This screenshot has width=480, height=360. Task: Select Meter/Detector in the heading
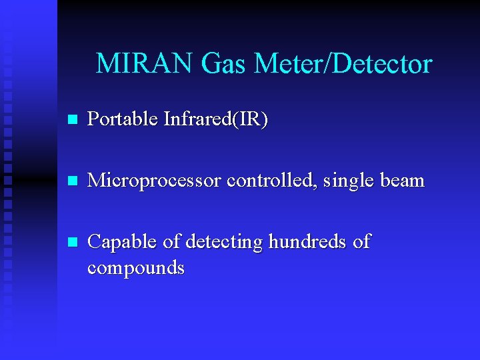point(343,64)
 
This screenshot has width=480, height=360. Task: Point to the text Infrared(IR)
point(215,120)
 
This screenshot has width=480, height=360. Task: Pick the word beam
point(401,181)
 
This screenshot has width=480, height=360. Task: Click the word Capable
point(122,242)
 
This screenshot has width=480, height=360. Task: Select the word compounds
point(136,269)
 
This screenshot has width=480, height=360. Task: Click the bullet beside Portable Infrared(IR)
point(73,121)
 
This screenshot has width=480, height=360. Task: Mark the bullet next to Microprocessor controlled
point(73,181)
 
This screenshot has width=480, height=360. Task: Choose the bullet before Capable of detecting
point(73,242)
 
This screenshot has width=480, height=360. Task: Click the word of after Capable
point(172,242)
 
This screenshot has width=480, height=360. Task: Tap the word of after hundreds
point(361,242)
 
